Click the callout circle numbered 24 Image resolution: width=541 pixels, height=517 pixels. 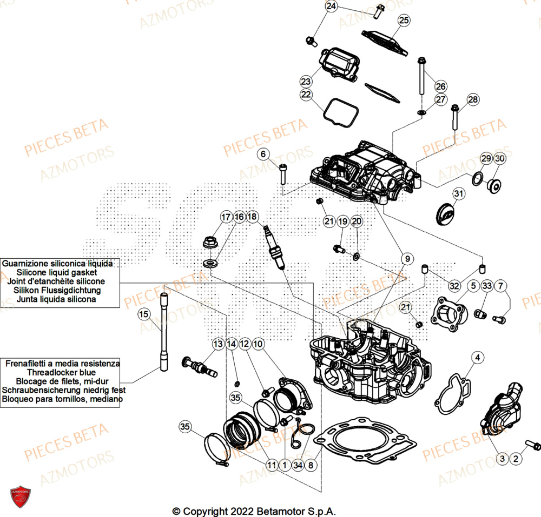tap(331, 6)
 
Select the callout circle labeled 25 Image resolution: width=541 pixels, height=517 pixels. tap(404, 21)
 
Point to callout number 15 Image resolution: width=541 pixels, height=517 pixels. tap(143, 314)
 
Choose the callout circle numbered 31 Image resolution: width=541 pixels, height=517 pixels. tap(459, 193)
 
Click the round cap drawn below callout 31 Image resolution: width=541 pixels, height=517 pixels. tap(447, 213)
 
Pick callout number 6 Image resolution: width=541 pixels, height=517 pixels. tap(263, 155)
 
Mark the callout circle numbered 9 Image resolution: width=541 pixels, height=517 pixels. tap(405, 259)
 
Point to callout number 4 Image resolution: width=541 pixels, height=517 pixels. tap(477, 357)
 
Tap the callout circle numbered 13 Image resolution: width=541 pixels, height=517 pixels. tap(218, 344)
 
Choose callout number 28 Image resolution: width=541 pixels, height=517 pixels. tap(473, 100)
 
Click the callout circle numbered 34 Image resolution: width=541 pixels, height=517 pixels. tap(297, 464)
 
